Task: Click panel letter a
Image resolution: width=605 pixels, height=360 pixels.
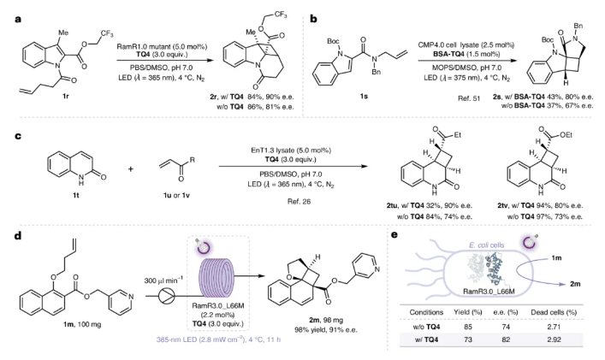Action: [x=7, y=6]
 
